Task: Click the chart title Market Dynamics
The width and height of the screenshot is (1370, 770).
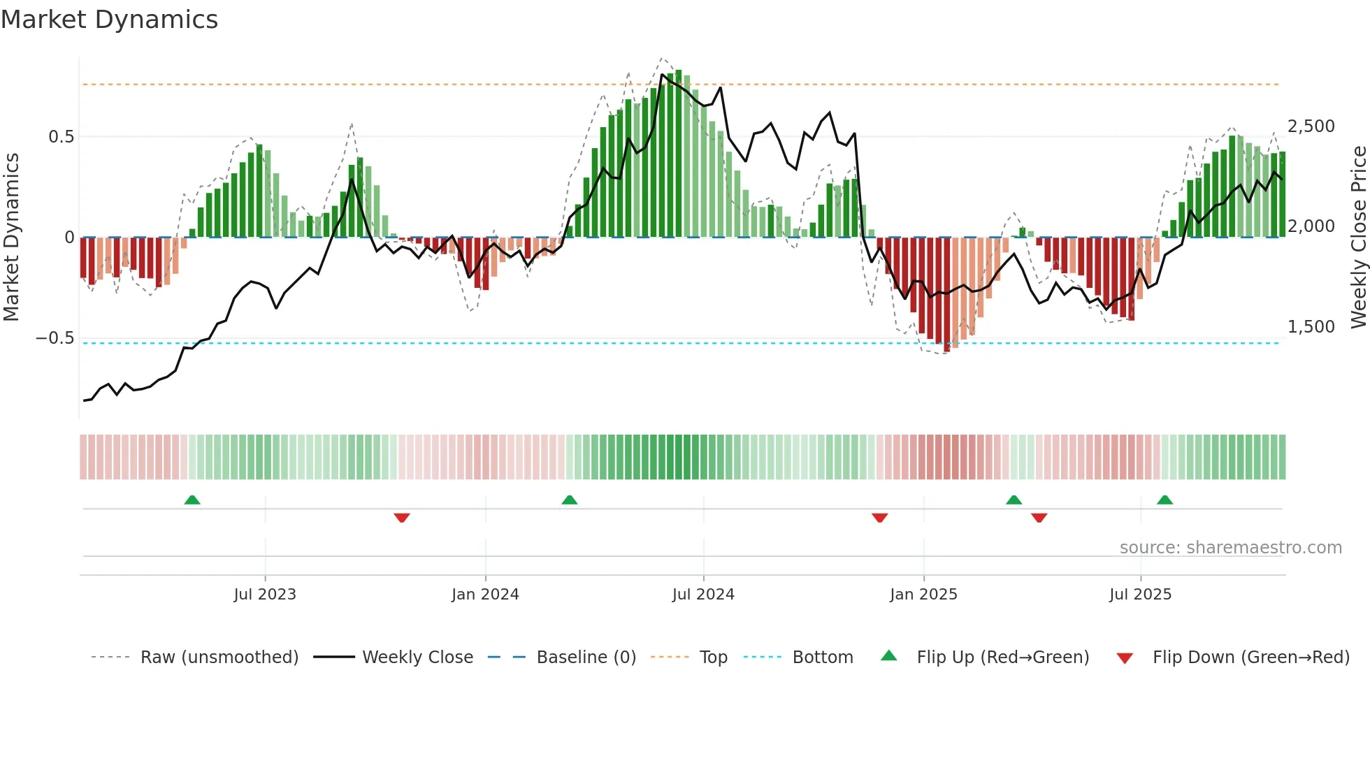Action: [109, 20]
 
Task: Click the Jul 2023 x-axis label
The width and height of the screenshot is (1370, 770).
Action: [265, 595]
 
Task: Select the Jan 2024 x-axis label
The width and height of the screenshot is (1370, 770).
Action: [485, 595]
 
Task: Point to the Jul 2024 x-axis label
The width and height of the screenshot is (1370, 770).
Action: [703, 595]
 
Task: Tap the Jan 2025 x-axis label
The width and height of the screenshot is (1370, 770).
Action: [923, 595]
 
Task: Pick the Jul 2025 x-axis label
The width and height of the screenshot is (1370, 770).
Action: [1140, 595]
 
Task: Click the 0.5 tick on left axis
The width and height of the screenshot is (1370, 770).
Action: [61, 137]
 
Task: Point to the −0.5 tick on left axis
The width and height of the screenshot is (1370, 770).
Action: [55, 338]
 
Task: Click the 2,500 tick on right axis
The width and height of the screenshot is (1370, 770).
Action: [1311, 126]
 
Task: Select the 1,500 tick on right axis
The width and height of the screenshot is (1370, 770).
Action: [1311, 327]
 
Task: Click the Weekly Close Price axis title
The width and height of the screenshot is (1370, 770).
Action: [1358, 238]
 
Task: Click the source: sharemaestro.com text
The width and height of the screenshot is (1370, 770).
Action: [1230, 548]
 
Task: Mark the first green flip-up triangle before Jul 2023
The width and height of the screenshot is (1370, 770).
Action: [192, 500]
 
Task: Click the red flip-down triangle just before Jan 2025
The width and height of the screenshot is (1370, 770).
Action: [879, 518]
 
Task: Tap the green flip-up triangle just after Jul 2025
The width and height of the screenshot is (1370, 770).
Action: [1164, 500]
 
